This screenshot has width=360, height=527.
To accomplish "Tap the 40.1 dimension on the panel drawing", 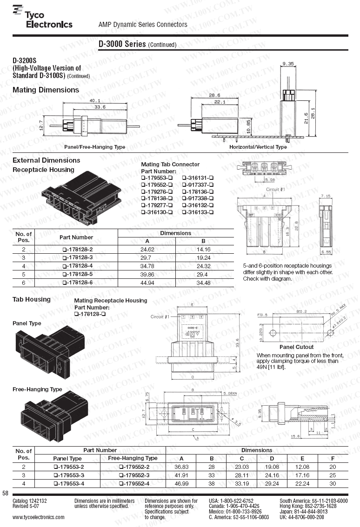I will coord(95,100).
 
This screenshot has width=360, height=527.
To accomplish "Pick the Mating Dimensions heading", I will coord(46,90).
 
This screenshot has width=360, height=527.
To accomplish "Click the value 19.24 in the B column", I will coord(204,257).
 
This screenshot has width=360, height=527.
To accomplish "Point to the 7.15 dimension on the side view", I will coord(325,197).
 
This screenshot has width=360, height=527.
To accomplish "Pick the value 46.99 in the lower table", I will coord(181,483).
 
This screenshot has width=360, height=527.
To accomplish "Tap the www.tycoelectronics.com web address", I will coord(39,517).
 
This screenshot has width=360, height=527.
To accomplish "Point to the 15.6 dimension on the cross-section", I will coord(294,436).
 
